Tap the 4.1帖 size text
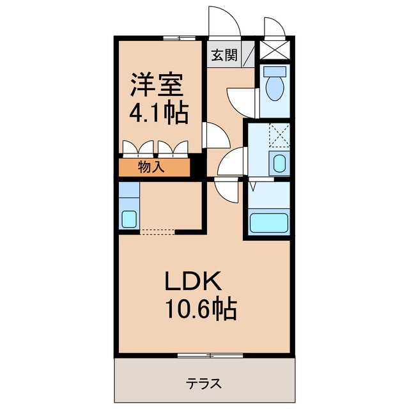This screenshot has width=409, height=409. coord(160,113)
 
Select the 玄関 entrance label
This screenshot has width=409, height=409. coord(224,56)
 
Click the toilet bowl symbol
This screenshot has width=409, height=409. coord(275,86)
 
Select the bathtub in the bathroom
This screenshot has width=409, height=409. coord(269,223)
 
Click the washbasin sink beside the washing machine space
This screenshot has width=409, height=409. coord(279,164)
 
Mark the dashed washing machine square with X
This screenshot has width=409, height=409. coord(279,135)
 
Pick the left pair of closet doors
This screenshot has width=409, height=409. coord(139,148)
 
